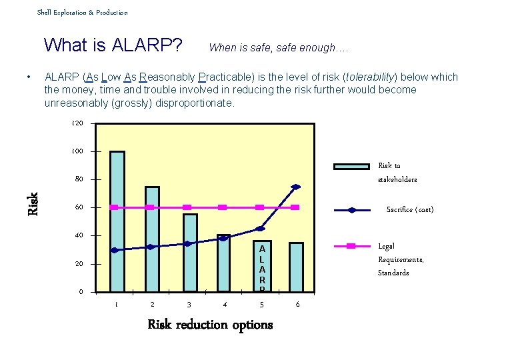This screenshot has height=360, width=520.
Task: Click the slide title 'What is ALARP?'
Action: (113, 45)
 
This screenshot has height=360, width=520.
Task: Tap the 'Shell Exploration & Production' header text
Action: (82, 12)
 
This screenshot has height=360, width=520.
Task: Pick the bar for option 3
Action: (190, 253)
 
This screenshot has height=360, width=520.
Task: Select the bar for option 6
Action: (296, 267)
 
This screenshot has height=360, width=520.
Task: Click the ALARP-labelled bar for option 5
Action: (262, 265)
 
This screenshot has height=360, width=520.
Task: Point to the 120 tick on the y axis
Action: (77, 123)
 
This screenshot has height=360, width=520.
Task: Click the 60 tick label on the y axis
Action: (79, 207)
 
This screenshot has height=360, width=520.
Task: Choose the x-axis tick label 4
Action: (225, 305)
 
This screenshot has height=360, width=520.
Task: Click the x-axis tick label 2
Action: (153, 305)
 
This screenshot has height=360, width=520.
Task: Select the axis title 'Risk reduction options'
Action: (210, 325)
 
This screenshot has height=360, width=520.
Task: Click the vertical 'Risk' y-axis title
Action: (32, 203)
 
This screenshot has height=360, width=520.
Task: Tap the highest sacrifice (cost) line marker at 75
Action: (296, 187)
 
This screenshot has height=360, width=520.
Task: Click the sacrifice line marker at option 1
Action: (115, 250)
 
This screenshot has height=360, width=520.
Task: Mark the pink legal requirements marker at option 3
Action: (187, 207)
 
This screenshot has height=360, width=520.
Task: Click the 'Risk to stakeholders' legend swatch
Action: (351, 166)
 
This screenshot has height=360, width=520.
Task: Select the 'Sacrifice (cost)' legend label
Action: (410, 209)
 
